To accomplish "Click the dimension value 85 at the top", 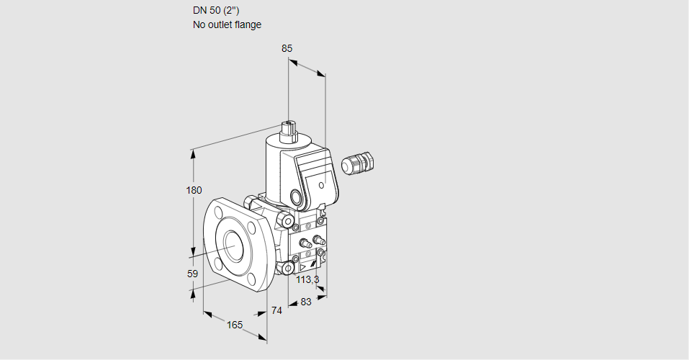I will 287,48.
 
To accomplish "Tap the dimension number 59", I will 192,274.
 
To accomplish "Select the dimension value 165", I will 235,325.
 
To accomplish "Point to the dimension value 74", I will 276,310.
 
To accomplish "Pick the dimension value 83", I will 305,302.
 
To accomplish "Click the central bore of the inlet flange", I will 233,245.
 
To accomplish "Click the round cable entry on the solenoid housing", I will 295,197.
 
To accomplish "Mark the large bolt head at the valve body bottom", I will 287,269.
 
